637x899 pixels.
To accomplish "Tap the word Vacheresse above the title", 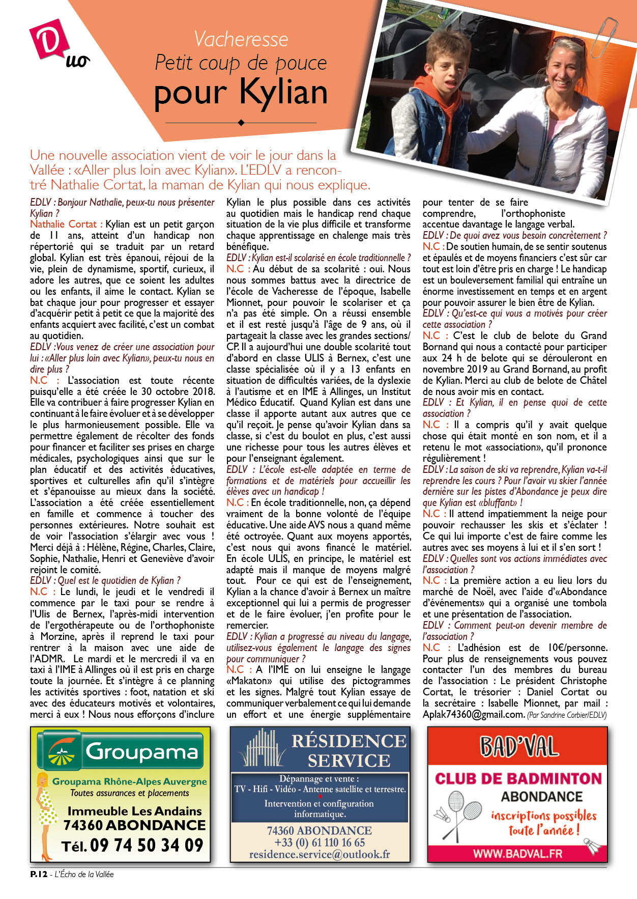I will click(241, 39).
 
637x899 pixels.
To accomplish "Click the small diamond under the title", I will click(241, 123).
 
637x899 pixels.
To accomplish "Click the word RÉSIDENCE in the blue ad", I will click(349, 741).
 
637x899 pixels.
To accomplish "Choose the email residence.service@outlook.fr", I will click(320, 855).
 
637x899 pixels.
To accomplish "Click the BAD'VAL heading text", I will click(518, 747).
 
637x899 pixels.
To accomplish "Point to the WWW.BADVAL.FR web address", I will click(517, 853).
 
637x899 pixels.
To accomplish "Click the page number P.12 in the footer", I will click(39, 874).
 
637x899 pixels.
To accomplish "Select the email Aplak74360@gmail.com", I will click(473, 714).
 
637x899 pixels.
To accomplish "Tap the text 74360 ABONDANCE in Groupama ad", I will click(134, 825).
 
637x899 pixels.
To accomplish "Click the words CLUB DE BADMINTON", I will click(518, 778).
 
